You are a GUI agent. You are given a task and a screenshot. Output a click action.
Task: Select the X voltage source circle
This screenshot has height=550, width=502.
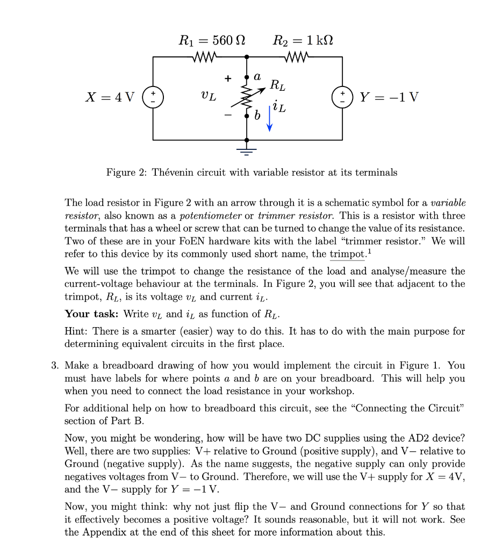pyautogui.click(x=153, y=98)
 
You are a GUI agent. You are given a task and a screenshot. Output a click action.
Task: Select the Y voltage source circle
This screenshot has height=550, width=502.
pyautogui.click(x=342, y=98)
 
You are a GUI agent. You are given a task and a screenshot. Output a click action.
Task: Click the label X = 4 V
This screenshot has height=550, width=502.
pyautogui.click(x=110, y=98)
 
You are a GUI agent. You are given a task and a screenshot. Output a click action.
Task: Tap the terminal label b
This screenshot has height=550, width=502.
pyautogui.click(x=257, y=115)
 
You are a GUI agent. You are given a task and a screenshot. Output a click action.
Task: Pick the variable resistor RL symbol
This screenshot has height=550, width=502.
pyautogui.click(x=248, y=97)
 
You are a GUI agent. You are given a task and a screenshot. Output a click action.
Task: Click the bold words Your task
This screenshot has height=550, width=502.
pyautogui.click(x=92, y=314)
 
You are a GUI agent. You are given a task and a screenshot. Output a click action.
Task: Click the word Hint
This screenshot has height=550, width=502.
pyautogui.click(x=75, y=331)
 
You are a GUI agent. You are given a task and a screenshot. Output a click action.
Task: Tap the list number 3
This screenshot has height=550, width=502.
pyautogui.click(x=54, y=365)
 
